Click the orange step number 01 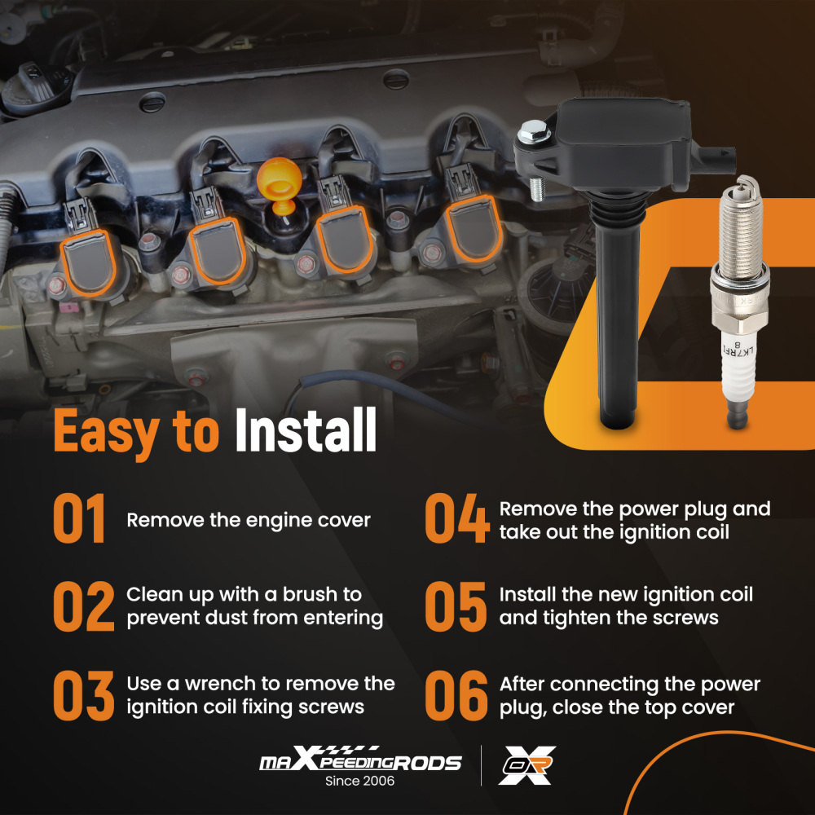coord(80,520)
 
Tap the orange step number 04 coord(456,520)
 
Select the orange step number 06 coord(456,694)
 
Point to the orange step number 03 coord(81,694)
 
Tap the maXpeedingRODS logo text coord(359,762)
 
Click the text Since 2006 coord(359,782)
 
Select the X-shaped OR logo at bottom coord(527,765)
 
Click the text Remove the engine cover coord(248,520)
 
